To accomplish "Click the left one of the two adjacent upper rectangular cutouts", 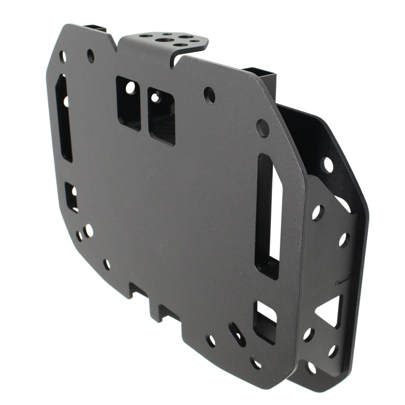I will point(129,103).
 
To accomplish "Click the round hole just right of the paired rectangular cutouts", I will point(209,95).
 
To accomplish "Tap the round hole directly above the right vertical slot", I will point(262,128).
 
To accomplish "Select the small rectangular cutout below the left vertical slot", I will point(72,196).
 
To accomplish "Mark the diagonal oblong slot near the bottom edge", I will point(237,335).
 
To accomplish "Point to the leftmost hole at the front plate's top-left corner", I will point(63,56).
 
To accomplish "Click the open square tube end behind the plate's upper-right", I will point(261,76).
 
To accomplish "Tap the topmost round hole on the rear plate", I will point(328,165).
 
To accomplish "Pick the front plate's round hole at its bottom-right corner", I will point(256,362).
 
